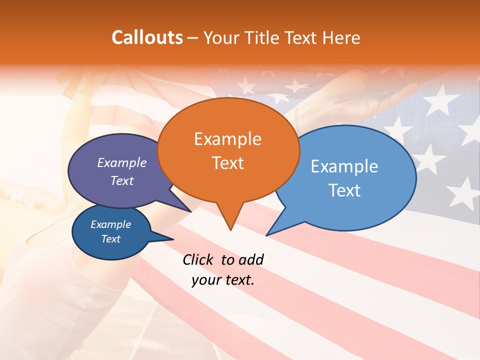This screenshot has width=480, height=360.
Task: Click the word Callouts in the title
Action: click(147, 37)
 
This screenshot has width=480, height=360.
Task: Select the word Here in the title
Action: click(341, 37)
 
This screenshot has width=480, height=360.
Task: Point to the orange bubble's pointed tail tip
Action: click(230, 230)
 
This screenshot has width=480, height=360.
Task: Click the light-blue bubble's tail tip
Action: click(266, 235)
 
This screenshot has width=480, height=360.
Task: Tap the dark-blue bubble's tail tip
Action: click(173, 239)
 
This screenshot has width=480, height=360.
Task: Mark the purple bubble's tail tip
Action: click(191, 212)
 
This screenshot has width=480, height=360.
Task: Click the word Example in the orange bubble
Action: click(227, 139)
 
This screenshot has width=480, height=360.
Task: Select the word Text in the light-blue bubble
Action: click(344, 190)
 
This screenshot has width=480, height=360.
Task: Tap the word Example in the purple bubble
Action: click(121, 163)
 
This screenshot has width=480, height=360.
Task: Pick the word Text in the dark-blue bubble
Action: click(110, 239)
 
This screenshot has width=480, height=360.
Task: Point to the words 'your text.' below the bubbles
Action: click(222, 280)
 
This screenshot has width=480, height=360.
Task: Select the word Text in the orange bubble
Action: click(228, 163)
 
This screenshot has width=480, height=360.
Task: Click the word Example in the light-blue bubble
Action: click(344, 166)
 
